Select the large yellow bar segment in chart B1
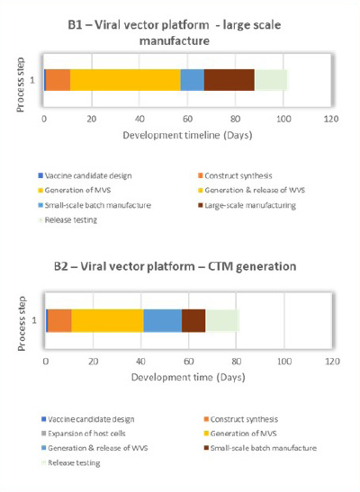125,79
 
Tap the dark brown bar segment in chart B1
229,79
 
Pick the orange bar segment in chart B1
58,79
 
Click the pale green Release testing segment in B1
270,79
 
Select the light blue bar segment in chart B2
162,320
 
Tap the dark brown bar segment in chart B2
193,320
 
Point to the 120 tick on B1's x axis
330,118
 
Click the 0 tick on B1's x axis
44,118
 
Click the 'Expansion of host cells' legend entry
90,434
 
